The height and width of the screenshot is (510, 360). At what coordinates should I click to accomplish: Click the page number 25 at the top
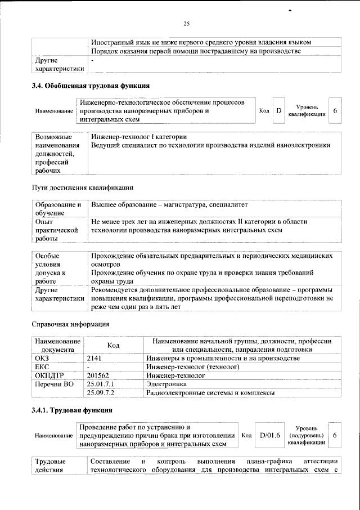click(x=186, y=23)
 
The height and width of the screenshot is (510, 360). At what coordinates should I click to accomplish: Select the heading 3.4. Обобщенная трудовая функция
click(x=90, y=86)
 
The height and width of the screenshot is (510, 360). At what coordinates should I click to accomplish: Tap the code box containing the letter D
click(x=278, y=111)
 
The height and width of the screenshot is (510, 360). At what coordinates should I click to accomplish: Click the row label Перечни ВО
click(x=54, y=383)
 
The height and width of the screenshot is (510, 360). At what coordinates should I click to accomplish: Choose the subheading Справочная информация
click(x=70, y=324)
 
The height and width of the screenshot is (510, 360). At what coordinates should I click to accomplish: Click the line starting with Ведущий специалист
click(x=210, y=145)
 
